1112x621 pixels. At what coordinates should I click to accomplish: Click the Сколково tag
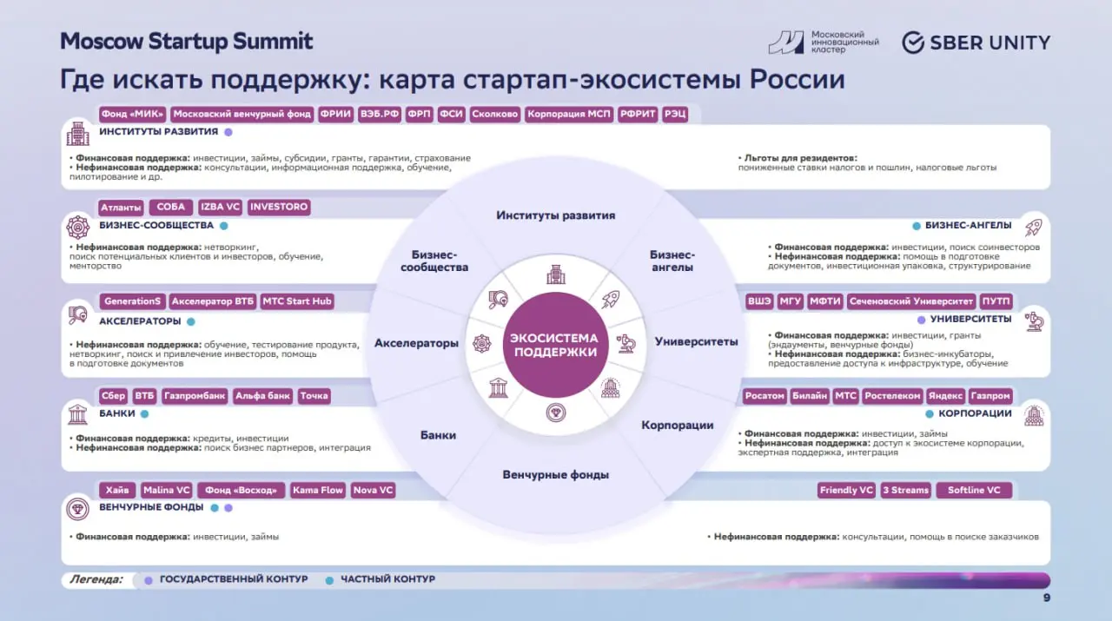[x=495, y=114]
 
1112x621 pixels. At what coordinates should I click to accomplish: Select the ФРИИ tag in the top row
[x=334, y=114]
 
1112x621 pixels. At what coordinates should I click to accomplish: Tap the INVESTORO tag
[x=278, y=208]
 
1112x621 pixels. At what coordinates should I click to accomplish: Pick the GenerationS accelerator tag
[x=132, y=301]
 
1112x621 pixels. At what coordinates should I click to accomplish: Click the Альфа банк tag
[x=262, y=396]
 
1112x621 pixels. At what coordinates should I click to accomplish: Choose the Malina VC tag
[x=166, y=490]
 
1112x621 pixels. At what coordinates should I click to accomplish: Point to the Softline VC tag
[x=974, y=490]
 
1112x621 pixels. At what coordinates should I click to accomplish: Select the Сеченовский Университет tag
[x=912, y=301]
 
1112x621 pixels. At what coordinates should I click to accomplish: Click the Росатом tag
[x=764, y=396]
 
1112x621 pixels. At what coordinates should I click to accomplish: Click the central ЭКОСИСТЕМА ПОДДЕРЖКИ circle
[x=554, y=345]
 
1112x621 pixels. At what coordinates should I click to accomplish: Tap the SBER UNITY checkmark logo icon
[x=912, y=43]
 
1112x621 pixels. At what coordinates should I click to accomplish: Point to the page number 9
[x=1046, y=598]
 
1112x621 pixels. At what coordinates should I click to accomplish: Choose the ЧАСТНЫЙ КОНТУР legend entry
[x=387, y=579]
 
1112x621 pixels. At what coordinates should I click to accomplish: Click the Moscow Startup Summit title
[x=186, y=41]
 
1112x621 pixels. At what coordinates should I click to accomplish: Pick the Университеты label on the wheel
[x=696, y=341]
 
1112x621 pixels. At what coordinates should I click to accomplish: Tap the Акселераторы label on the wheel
[x=416, y=343]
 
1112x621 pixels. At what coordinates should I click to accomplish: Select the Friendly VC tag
[x=845, y=490]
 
